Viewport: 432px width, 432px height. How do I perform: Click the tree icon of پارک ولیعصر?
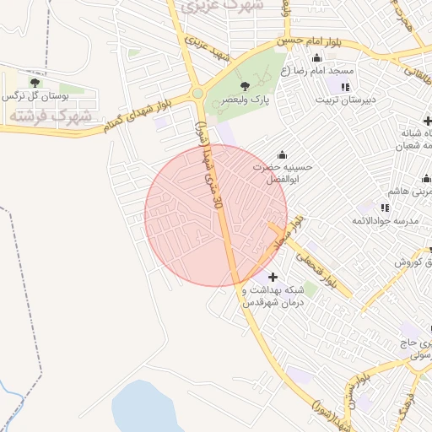246,86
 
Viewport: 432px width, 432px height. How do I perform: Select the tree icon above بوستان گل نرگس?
35,82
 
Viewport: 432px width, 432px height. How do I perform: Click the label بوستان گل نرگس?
35,95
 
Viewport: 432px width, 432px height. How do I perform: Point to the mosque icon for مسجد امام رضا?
316,58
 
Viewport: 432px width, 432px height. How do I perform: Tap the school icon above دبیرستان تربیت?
344,87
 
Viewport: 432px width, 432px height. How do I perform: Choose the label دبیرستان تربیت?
345,100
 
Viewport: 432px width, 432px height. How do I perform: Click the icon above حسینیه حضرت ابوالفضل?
281,154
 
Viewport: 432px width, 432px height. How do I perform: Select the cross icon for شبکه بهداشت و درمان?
272,277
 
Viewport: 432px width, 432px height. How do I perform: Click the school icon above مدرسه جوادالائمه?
385,208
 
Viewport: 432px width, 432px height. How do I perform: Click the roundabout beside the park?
197,94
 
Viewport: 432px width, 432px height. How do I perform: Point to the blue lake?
147,409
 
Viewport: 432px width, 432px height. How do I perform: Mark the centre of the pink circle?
215,214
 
